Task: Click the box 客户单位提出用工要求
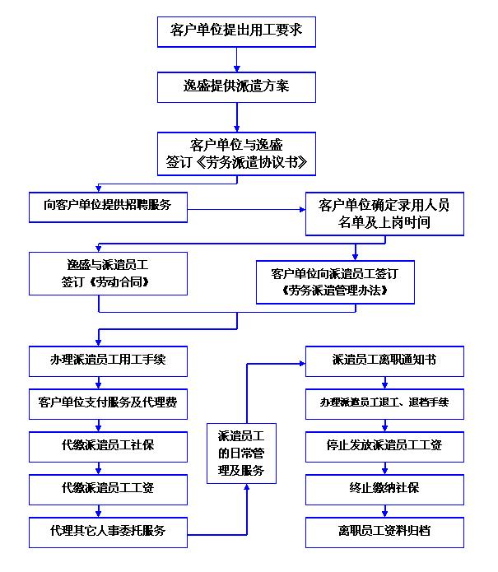point(236,30)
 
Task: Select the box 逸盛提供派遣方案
point(236,86)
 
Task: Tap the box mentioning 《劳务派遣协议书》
point(236,152)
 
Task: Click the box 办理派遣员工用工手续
point(108,360)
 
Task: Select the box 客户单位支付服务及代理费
point(108,403)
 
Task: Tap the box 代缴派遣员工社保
point(108,445)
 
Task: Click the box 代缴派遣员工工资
point(108,488)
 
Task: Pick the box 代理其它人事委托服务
point(108,531)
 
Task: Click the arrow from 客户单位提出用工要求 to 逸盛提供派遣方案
point(236,58)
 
